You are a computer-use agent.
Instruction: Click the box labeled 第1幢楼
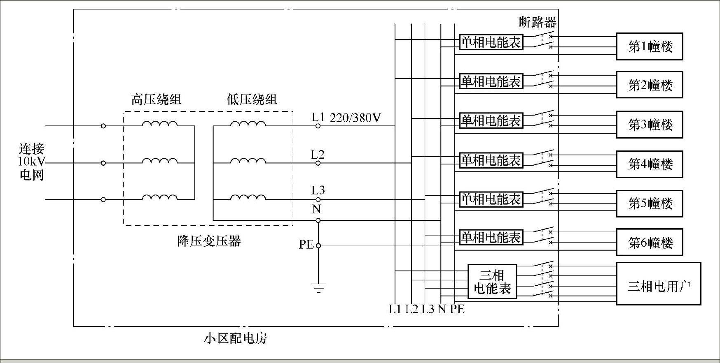tap(649, 46)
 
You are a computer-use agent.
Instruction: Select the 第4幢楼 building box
tap(649, 164)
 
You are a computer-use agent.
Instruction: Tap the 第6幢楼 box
tap(649, 242)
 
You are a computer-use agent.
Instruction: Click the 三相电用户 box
tap(658, 284)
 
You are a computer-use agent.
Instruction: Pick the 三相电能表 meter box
tap(492, 282)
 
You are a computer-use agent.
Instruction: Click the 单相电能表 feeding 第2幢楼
tap(491, 81)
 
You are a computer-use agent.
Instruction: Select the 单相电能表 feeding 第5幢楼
tap(491, 199)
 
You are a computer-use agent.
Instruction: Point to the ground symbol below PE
tap(318, 287)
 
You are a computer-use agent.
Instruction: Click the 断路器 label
tap(537, 22)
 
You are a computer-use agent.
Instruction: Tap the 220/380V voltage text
tap(355, 118)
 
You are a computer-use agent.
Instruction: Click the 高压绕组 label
tap(156, 99)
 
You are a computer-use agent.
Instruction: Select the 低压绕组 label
tap(252, 99)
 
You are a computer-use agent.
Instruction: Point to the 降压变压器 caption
tap(209, 241)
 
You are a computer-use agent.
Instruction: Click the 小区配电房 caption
tap(235, 338)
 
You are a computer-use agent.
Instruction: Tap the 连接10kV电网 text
tap(32, 162)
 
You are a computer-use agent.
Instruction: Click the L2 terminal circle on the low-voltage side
tap(318, 163)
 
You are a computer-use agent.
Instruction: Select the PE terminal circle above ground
tap(318, 246)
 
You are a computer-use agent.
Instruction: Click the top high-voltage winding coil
tap(160, 124)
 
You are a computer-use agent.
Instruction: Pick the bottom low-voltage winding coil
tap(248, 197)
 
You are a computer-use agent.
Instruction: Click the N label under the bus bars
tap(442, 309)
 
